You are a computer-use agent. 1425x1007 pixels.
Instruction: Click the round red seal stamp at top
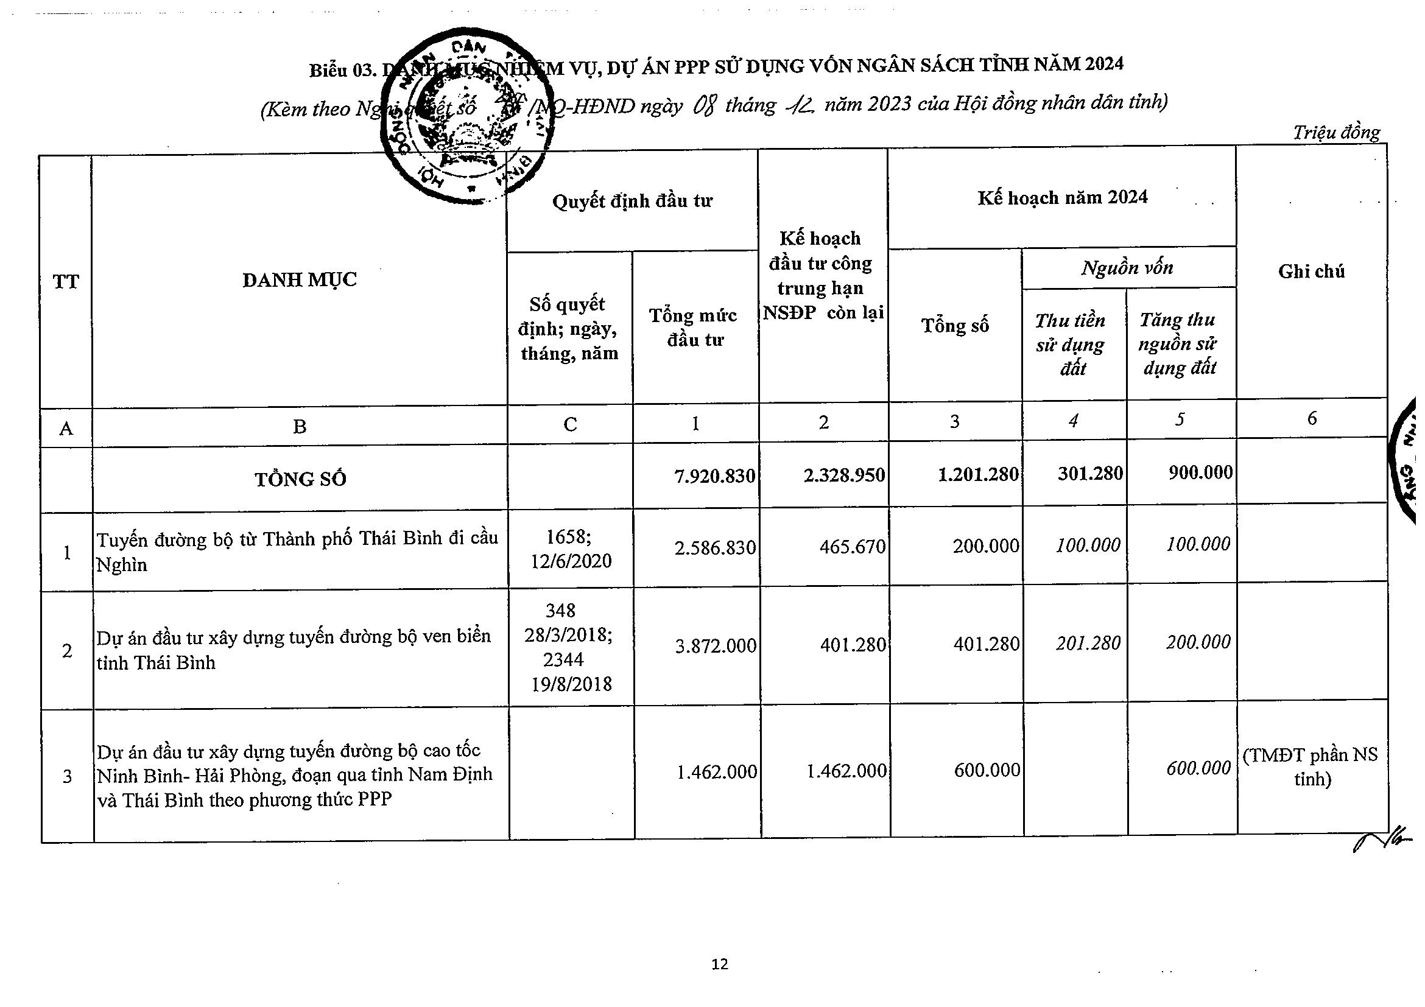click(x=466, y=117)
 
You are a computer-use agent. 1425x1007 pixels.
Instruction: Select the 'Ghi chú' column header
click(x=1311, y=271)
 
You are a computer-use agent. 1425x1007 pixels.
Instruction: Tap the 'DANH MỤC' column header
click(x=299, y=280)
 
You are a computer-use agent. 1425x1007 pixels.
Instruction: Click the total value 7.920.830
click(x=714, y=476)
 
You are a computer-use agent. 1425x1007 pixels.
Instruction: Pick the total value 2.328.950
click(x=843, y=475)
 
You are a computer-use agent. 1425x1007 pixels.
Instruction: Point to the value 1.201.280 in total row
click(x=977, y=475)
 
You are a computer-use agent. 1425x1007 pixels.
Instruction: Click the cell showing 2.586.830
click(x=715, y=547)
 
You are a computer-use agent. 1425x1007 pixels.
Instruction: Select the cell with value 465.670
click(x=852, y=547)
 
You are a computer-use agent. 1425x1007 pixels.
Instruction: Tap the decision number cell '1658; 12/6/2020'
click(x=571, y=549)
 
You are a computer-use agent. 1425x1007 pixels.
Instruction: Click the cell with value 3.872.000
click(x=716, y=646)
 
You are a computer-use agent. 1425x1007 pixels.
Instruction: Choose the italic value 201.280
click(x=1088, y=644)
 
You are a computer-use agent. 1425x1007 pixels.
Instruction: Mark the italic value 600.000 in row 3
click(x=1198, y=768)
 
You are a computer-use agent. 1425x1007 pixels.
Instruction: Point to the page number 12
click(x=719, y=964)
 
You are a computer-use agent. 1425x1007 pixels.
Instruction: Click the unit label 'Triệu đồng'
click(x=1336, y=133)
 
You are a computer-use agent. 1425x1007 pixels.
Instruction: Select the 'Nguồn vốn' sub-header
click(x=1127, y=267)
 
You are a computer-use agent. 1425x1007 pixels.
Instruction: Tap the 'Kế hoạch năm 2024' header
click(x=1062, y=197)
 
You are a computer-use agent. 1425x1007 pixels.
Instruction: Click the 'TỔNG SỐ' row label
click(x=300, y=479)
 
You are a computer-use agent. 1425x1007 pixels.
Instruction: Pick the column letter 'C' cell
click(x=570, y=424)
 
